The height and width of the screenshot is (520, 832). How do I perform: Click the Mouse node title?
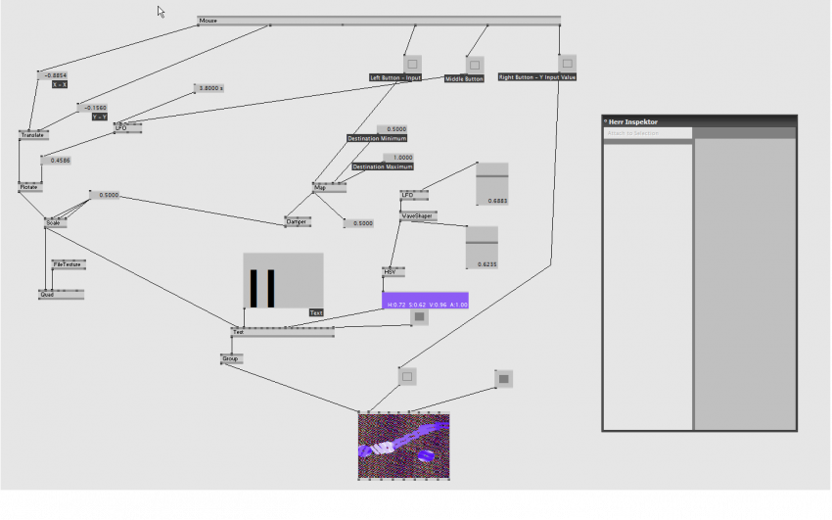pyautogui.click(x=208, y=21)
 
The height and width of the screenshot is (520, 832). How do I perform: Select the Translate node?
pyautogui.click(x=32, y=135)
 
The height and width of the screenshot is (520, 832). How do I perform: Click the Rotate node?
pyautogui.click(x=29, y=186)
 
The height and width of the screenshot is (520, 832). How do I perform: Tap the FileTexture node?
pyautogui.click(x=69, y=264)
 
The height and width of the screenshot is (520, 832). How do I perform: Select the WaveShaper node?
pyautogui.click(x=418, y=215)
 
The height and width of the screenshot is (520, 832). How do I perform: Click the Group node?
pyautogui.click(x=231, y=358)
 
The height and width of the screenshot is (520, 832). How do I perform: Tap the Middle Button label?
pyautogui.click(x=464, y=78)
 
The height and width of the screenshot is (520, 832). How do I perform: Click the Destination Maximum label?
pyautogui.click(x=383, y=166)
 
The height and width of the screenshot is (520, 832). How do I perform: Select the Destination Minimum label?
pyautogui.click(x=377, y=138)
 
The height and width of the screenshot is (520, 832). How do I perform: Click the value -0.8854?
pyautogui.click(x=54, y=74)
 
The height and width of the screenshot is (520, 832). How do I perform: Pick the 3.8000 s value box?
pyautogui.click(x=209, y=88)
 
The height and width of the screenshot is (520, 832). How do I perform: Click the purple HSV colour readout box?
pyautogui.click(x=425, y=301)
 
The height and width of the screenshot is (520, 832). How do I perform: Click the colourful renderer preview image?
pyautogui.click(x=403, y=446)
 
